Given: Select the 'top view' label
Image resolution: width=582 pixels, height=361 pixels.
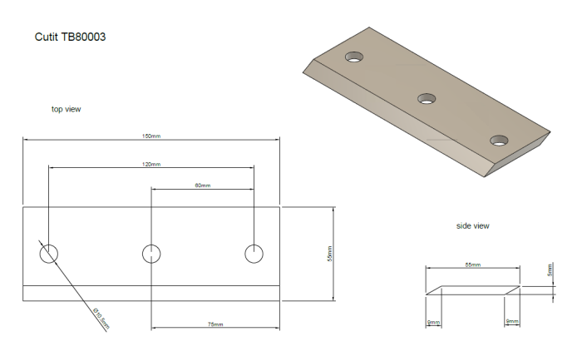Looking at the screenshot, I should tap(67, 109).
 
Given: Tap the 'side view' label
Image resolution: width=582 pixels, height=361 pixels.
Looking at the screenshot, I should tap(473, 226).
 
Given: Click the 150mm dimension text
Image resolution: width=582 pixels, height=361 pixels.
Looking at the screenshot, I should tap(150, 136).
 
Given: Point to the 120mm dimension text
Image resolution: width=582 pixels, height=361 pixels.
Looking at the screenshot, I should tap(151, 164).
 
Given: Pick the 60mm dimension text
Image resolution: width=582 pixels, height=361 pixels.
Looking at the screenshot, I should tap(203, 185).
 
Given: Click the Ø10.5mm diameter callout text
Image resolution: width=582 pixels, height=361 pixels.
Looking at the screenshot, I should tap(100, 319).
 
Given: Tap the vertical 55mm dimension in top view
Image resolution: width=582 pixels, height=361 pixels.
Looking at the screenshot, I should tap(329, 254).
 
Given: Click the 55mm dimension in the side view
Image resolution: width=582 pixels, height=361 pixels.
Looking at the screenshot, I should tap(473, 264).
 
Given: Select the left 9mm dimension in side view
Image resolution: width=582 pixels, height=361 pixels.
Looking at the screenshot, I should tap(432, 321).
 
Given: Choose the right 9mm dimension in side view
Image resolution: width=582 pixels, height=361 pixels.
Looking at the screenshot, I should tap(512, 321).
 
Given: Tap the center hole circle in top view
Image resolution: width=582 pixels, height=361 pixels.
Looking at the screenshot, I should tap(151, 254).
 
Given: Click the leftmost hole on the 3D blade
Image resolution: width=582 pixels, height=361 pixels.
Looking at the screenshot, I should tap(355, 58).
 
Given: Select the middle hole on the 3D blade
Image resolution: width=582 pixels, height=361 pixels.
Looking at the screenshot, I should tap(427, 99).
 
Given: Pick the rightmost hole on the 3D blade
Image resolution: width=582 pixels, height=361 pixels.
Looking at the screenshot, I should tap(499, 140).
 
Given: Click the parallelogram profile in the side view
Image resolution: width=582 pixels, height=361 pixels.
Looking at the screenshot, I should tap(473, 290).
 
